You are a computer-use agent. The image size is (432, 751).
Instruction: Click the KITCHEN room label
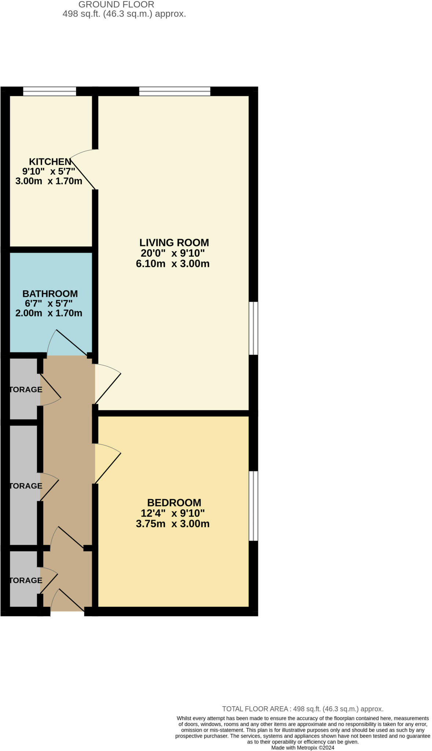[x=50, y=162]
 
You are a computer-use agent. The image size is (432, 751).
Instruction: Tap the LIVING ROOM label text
[x=174, y=242]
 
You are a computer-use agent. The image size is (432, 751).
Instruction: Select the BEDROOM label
[x=174, y=502]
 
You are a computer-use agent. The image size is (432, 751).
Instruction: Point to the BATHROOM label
[x=50, y=294]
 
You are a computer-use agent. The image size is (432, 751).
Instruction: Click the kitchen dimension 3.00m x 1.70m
[x=49, y=181]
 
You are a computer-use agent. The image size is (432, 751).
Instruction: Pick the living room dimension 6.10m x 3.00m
[x=172, y=264]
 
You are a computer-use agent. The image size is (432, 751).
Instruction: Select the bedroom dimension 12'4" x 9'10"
[x=172, y=513]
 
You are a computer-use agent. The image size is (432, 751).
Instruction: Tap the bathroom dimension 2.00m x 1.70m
[x=49, y=313]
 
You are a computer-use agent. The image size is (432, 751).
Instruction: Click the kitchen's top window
[x=50, y=91]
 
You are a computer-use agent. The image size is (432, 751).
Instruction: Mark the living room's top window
[x=175, y=91]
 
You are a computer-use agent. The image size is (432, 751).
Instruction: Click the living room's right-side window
[x=253, y=328]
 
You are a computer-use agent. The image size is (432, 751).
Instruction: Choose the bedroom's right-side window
[x=253, y=506]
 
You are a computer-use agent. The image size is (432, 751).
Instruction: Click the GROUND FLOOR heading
[x=116, y=5]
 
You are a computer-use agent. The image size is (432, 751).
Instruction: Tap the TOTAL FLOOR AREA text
[x=303, y=709]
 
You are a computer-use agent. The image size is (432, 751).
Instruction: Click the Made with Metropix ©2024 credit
[x=303, y=747]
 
